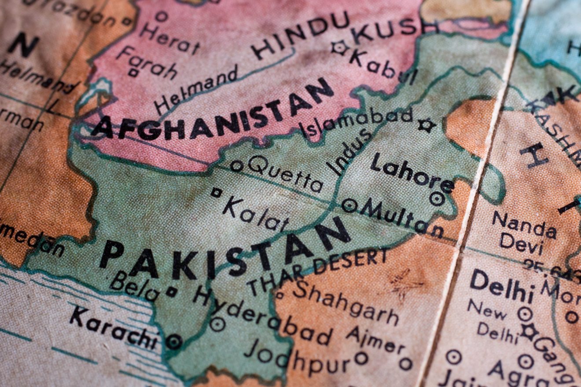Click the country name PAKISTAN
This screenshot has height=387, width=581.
click(224, 251)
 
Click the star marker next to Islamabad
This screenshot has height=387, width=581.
click(426, 125)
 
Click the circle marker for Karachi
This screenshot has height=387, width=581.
click(174, 341)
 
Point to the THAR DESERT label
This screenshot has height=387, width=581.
click(317, 271)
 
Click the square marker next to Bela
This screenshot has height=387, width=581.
click(171, 292)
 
